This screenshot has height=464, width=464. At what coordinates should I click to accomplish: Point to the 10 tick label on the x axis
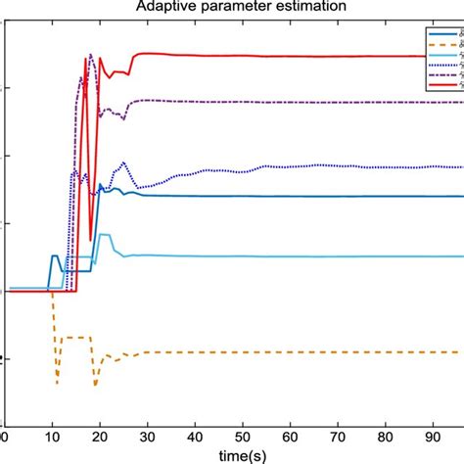pyautogui.click(x=51, y=437)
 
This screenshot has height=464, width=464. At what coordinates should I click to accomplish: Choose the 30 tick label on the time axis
pyautogui.click(x=146, y=437)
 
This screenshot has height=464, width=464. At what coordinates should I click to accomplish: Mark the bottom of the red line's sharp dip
pyautogui.click(x=91, y=239)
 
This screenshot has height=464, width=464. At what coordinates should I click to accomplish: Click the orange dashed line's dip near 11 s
pyautogui.click(x=57, y=382)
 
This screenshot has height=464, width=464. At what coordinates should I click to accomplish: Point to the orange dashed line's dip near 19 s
pyautogui.click(x=95, y=386)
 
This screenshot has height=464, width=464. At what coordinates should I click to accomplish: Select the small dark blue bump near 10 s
pyautogui.click(x=56, y=255)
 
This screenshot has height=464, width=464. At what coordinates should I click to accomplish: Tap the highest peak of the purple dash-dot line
pyautogui.click(x=90, y=55)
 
